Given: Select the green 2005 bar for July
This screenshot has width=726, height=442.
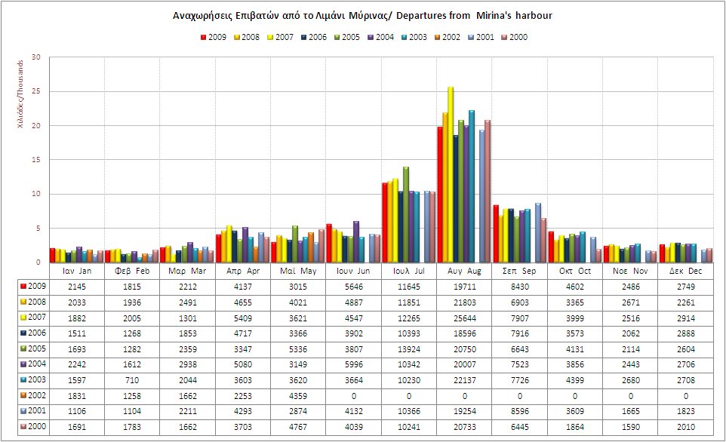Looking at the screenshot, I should click(405, 215).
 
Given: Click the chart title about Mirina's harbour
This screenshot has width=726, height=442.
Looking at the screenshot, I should click(362, 15).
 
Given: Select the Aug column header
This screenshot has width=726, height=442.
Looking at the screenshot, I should click(464, 270).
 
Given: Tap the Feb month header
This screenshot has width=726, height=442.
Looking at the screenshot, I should click(132, 270).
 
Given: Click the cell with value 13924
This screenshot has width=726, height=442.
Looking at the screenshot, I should click(409, 349).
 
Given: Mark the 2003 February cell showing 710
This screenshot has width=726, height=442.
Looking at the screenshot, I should click(132, 381).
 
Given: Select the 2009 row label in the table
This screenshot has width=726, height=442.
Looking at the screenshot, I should click(32, 286).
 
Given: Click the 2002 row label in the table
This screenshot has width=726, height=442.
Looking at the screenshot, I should click(32, 397).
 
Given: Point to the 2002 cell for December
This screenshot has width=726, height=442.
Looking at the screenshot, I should click(685, 397).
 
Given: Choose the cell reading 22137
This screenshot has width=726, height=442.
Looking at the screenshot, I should click(464, 381).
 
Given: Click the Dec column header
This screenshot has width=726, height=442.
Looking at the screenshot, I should click(685, 270).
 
